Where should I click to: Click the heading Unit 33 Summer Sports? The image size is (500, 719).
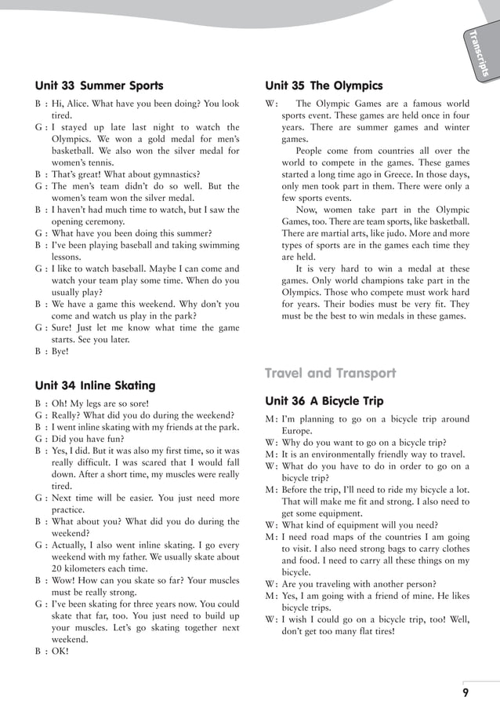100,86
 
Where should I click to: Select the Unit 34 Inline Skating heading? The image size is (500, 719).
96,385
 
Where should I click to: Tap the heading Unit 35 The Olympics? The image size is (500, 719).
324,86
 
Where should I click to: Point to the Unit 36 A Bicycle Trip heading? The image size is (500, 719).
324,401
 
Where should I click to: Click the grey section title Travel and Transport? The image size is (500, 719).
330,373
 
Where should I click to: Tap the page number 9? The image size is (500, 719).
466,692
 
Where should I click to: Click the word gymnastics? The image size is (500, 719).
176,174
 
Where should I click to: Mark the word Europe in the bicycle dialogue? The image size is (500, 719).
297,431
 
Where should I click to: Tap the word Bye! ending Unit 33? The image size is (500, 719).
60,352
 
